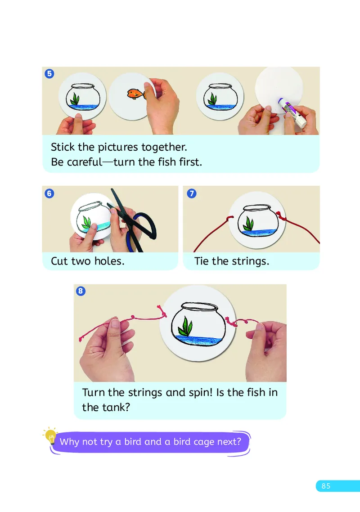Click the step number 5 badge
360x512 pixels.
[x=49, y=73]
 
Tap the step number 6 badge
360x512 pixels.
[x=49, y=193]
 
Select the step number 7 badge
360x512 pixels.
[x=192, y=193]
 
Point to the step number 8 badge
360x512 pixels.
[x=81, y=291]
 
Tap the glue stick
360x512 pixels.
[x=292, y=112]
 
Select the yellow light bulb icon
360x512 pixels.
[x=51, y=436]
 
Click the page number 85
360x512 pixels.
[x=326, y=486]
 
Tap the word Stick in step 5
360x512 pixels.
[x=63, y=147]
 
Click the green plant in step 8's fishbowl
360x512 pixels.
[x=185, y=326]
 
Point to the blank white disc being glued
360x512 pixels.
[x=279, y=89]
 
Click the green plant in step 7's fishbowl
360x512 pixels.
[x=249, y=224]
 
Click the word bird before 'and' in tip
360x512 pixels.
[x=133, y=441]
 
